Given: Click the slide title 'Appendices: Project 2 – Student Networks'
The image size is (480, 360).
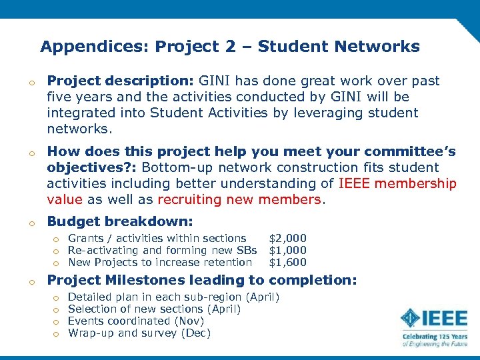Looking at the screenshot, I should point(230,47).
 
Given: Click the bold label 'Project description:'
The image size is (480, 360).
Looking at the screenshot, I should point(119,81).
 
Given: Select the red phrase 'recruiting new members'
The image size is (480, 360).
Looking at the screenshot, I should point(239,199).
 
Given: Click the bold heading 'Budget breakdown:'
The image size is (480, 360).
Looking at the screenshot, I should point(120,221).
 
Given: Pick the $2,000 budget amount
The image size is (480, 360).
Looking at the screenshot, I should point(287,238).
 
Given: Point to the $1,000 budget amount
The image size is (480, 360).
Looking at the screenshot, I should point(287,250).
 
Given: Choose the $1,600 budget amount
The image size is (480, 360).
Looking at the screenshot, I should point(287,262).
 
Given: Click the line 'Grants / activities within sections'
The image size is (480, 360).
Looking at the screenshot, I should point(157,238).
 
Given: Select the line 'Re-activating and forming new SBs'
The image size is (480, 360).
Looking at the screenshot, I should point(162,250).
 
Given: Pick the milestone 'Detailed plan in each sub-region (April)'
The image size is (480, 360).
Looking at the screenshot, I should point(174,297).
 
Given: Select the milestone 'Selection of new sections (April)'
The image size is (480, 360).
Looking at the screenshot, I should point(155,309).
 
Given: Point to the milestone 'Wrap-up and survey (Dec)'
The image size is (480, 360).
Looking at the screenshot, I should point(139,333).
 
